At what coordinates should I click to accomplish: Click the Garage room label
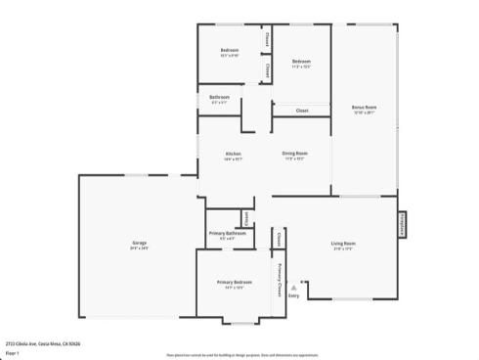tap(140, 243)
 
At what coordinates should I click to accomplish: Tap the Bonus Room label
tap(364, 107)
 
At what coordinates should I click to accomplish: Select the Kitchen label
tap(234, 154)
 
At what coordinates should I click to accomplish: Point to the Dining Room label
tap(295, 154)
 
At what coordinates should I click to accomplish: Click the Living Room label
tap(342, 243)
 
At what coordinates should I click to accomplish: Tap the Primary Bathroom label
tap(227, 233)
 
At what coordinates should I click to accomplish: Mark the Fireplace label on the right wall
tap(401, 225)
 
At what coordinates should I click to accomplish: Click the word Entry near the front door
tap(293, 297)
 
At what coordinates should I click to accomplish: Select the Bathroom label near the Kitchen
tap(219, 97)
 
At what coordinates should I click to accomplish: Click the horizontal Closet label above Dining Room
tap(302, 111)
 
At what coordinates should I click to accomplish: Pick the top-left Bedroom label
tap(230, 50)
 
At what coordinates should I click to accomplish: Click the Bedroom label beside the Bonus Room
tap(300, 62)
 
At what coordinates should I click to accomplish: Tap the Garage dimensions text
tap(140, 248)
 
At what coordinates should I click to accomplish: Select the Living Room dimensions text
tap(342, 248)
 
